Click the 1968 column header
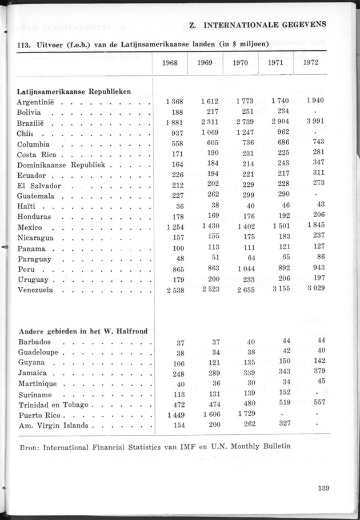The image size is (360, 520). pos(170,63)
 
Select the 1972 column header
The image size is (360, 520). pos(311,62)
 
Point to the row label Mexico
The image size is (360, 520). pos(30,227)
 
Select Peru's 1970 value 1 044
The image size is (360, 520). pos(243,269)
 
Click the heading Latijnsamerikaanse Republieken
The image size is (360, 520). pos(74,91)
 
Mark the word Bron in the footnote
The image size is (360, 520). pos(27,446)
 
